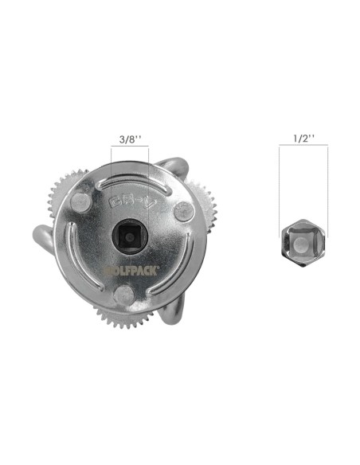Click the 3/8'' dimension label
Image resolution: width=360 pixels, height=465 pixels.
click(129, 139)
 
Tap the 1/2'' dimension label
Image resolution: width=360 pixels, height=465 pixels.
click(303, 139)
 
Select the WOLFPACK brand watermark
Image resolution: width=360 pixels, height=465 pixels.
click(131, 270)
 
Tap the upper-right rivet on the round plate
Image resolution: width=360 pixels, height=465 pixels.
click(182, 209)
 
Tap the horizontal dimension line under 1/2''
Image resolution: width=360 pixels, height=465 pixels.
click(303, 149)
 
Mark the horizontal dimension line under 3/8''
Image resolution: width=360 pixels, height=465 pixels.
click(129, 149)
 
